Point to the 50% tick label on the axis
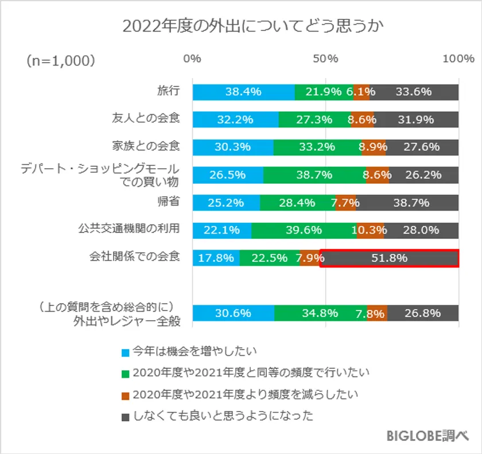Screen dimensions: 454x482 coord(326,59)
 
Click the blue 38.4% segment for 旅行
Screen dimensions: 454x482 coord(243,92)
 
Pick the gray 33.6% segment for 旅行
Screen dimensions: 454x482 coord(414,92)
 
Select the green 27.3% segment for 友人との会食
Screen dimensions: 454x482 coord(314,119)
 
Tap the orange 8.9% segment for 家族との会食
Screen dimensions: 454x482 coord(374,147)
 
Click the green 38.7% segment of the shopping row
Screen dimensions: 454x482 coord(314,175)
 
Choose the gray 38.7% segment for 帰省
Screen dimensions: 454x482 coord(407,203)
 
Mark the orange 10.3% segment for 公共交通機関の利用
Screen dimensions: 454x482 coord(370,230)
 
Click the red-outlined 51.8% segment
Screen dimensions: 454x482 coord(390,258)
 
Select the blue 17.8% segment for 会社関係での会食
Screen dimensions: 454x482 coord(216,258)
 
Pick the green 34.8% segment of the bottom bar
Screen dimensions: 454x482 coord(321,313)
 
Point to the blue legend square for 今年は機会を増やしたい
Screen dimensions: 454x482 coord(125,351)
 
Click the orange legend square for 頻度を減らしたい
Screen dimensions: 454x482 coord(125,395)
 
